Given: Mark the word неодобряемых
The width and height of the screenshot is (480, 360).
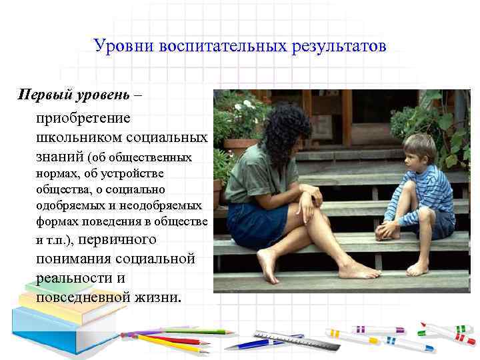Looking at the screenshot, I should point(167,205).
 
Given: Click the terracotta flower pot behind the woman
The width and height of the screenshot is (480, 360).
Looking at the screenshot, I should point(241,146).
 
